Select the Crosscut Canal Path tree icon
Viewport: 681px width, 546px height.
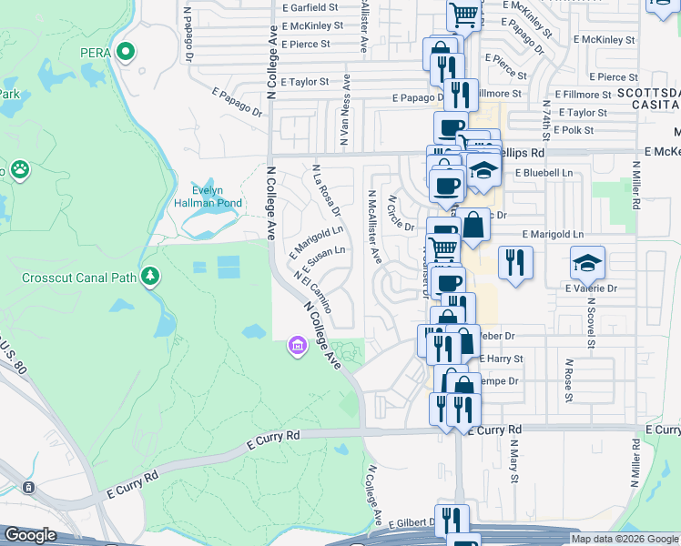[x=151, y=275]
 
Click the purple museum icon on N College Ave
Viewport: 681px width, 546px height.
[x=296, y=346]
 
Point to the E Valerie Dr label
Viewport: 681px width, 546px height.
[x=591, y=288]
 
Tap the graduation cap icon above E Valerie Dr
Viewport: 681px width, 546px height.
[x=587, y=263]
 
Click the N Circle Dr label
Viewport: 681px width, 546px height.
[x=401, y=214]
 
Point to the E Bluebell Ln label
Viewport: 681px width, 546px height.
[x=544, y=172]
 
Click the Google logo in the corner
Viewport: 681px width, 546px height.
[x=30, y=535]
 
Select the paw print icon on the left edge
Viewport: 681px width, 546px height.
[x=19, y=169]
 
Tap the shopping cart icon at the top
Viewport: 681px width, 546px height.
[x=464, y=15]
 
